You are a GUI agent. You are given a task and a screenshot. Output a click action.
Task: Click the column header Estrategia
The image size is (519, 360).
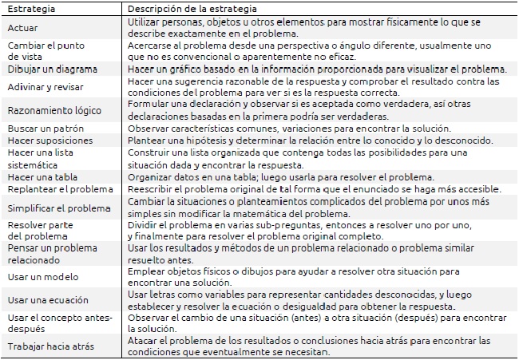click(30, 8)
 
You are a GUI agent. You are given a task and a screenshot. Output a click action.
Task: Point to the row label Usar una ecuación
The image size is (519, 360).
click(46, 300)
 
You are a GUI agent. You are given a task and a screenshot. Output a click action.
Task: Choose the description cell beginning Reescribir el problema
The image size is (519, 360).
click(314, 188)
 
